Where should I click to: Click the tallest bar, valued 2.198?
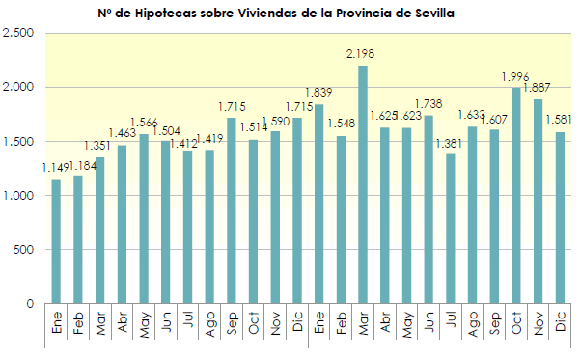(363, 184)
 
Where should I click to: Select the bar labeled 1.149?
(56, 241)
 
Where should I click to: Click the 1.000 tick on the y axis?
(19, 196)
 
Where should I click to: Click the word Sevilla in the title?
(431, 14)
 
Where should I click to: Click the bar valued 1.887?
(539, 202)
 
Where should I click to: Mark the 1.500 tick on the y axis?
(19, 142)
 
